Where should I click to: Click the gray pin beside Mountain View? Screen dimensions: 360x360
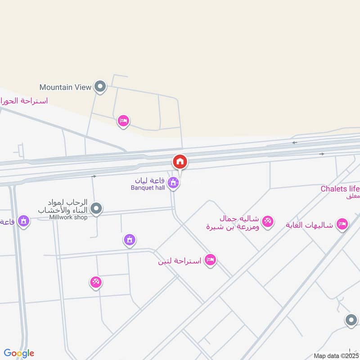coord(100,86)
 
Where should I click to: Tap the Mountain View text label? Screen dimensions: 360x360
coord(65,87)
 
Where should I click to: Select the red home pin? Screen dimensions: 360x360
coord(180,162)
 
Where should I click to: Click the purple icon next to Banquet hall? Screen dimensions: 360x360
coord(173,183)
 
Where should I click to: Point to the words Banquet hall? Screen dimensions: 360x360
coord(150,188)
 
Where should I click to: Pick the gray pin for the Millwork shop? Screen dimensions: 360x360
coord(96,208)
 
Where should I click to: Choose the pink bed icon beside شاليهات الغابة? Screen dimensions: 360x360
coord(342,224)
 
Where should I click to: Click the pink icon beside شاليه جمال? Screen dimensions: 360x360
coord(268,221)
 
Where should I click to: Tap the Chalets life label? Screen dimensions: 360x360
coord(340,189)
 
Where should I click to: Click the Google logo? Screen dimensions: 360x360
coord(19,353)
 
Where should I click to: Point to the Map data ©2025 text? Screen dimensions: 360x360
coord(336,355)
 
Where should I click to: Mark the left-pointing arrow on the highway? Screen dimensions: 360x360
coord(295,143)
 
